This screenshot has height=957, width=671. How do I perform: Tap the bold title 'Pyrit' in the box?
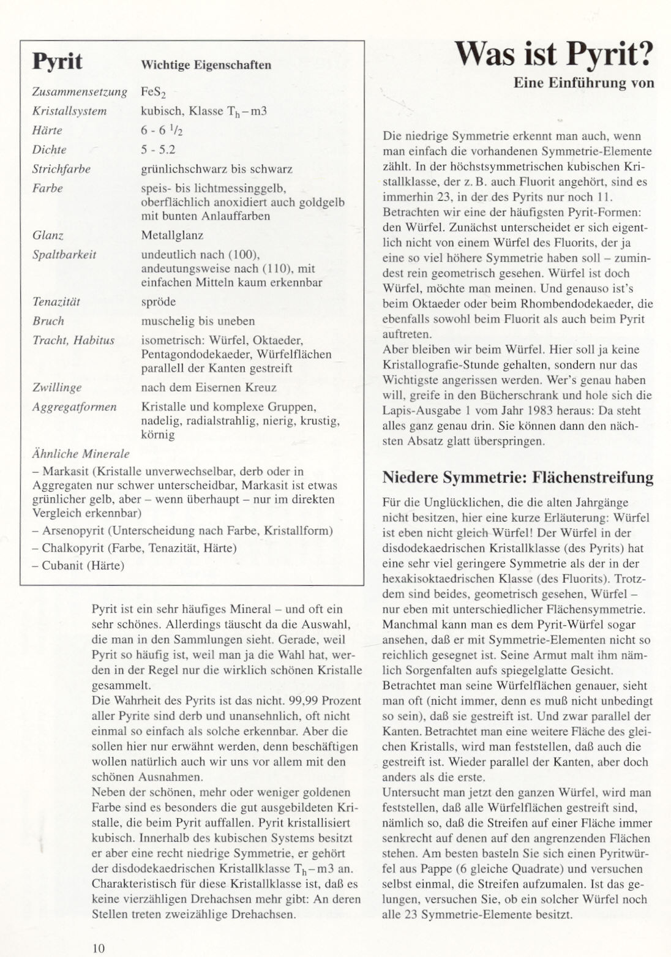pyautogui.click(x=57, y=62)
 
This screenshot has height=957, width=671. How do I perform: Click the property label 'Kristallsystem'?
pyautogui.click(x=69, y=111)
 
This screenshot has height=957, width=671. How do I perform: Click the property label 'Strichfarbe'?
pyautogui.click(x=61, y=169)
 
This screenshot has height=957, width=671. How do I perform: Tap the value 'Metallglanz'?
pyautogui.click(x=172, y=235)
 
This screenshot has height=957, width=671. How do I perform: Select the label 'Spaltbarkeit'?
pyautogui.click(x=64, y=255)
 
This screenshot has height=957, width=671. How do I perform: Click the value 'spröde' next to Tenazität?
pyautogui.click(x=158, y=302)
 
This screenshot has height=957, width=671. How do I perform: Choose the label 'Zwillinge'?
pyautogui.click(x=56, y=388)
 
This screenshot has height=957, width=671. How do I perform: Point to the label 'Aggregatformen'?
pyautogui.click(x=74, y=407)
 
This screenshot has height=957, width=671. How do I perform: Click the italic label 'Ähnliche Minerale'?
pyautogui.click(x=80, y=454)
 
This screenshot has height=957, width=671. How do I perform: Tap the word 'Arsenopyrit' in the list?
pyautogui.click(x=70, y=531)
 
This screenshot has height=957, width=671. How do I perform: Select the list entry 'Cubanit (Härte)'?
pyautogui.click(x=83, y=565)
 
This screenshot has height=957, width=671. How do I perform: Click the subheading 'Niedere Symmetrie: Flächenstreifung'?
pyautogui.click(x=517, y=478)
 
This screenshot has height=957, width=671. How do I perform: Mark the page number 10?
pyautogui.click(x=99, y=948)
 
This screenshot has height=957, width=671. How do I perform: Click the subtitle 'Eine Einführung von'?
pyautogui.click(x=583, y=83)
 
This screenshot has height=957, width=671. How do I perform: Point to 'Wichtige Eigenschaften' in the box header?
pyautogui.click(x=206, y=65)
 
